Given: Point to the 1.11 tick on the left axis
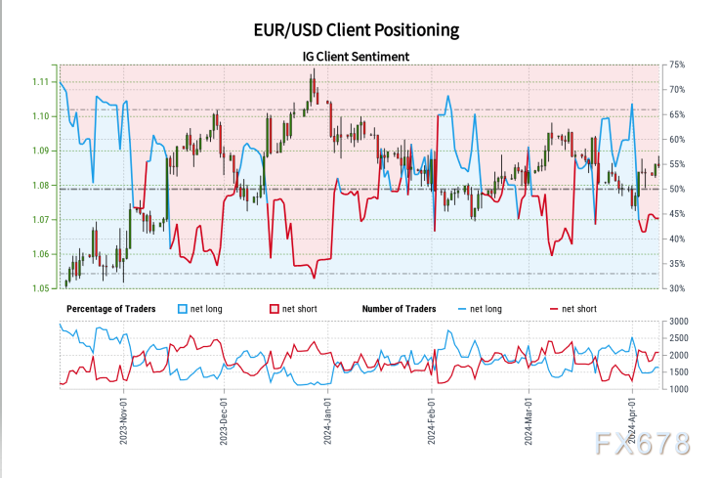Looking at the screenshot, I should coord(41,81).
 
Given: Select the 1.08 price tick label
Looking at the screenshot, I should coord(41,185).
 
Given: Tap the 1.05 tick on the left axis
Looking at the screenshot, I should coord(41,288).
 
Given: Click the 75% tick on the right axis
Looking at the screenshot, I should coord(675,65).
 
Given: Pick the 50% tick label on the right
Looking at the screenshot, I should coord(675,189).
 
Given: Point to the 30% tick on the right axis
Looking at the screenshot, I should coord(675,288).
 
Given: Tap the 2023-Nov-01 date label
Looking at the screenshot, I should coord(124,419).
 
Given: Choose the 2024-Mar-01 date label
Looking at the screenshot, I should coord(529,419).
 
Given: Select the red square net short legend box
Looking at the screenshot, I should coord(275,309).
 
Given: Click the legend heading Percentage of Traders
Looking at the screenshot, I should coord(110,309).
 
